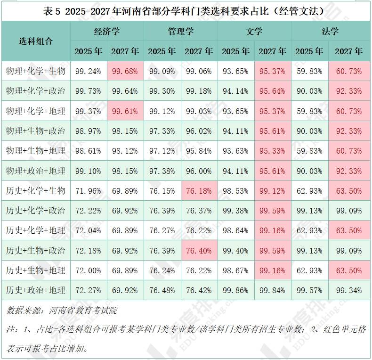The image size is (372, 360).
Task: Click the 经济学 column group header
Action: pos(107,32)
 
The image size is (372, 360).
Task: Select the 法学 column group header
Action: pos(330,32)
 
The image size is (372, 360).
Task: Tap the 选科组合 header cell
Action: pos(36,41)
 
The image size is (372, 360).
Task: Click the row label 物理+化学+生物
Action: pos(36,72)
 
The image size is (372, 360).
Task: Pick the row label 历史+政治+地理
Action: pos(36,290)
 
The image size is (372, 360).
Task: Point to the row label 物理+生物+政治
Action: pos(36,131)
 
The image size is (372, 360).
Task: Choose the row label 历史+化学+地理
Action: pos(36,230)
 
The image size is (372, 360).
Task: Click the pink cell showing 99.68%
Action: pos(125,72)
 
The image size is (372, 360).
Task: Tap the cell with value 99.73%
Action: pos(88,91)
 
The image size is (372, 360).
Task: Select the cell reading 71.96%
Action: pos(88,191)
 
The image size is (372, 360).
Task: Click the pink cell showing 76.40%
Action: pos(199,251)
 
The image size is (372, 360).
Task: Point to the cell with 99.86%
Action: pos(235,290)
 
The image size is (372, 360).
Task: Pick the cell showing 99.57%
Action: pos(309,290)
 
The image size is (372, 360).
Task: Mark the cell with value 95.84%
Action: pos(199,151)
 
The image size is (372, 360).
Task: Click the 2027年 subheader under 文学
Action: pos(273,51)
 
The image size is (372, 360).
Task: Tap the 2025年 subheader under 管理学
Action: pos(162,51)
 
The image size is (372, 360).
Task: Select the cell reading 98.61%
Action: pos(88,151)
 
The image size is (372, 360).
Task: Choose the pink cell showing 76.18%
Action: pos(199,191)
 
